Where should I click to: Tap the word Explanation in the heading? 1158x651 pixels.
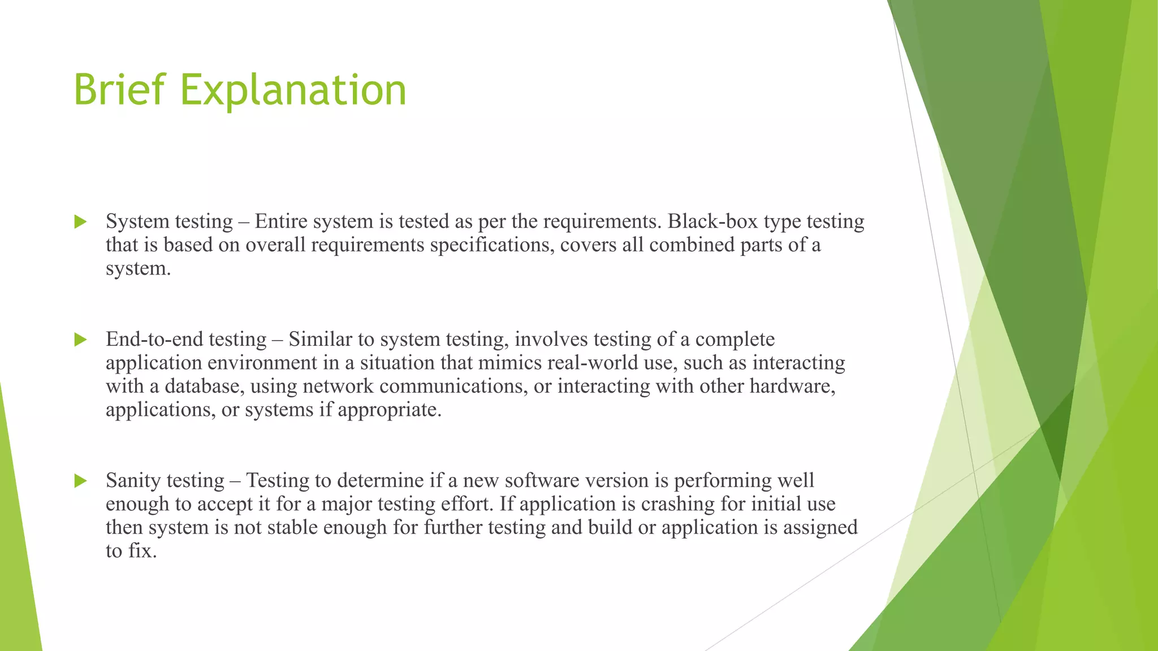click(x=293, y=90)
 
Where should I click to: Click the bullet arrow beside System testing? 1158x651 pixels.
click(x=80, y=222)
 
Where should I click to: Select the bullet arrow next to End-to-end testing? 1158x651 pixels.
click(x=80, y=340)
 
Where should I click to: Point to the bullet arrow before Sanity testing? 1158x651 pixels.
click(x=80, y=481)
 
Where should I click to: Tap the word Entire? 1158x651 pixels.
click(x=280, y=222)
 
